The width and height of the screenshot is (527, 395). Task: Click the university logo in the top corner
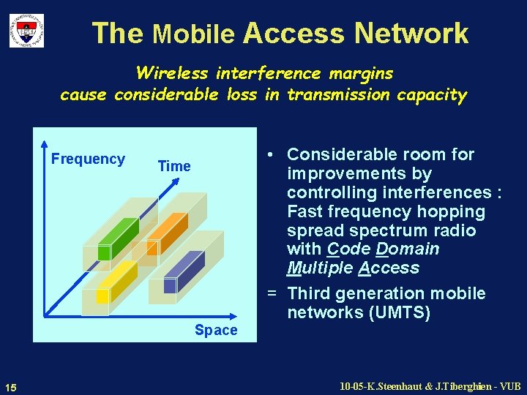click(x=26, y=31)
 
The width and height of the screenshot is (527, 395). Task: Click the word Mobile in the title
click(x=193, y=34)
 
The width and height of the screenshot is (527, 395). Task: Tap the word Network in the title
click(x=411, y=33)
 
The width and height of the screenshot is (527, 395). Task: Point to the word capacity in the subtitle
click(x=431, y=94)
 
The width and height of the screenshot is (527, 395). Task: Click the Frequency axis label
click(x=88, y=159)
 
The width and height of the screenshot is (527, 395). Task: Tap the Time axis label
click(x=174, y=166)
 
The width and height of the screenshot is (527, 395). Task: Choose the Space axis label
click(x=216, y=330)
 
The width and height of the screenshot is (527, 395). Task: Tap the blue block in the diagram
click(x=183, y=271)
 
